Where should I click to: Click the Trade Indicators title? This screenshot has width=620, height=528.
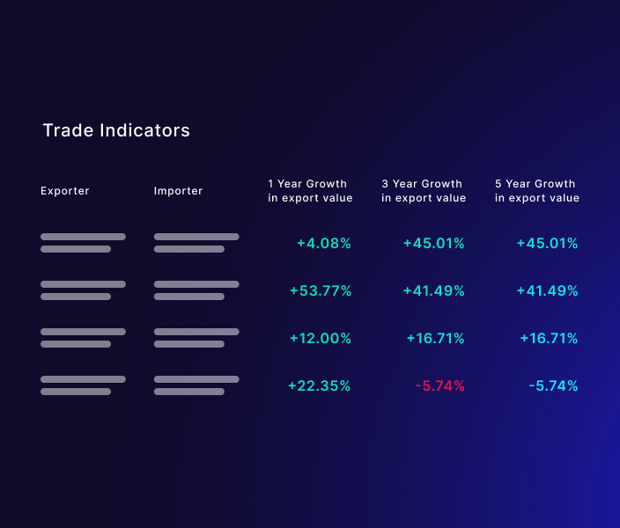(116, 130)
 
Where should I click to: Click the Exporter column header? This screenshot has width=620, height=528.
(65, 191)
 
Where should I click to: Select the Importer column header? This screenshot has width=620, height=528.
(178, 191)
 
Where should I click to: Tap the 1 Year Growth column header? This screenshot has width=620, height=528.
(310, 191)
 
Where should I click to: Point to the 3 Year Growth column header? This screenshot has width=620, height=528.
(424, 191)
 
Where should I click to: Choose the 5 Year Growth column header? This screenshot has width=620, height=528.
(537, 191)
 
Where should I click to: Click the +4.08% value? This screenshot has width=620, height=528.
(323, 244)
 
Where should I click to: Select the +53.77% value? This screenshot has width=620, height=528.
(320, 291)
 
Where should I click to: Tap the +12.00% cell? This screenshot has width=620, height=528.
(320, 339)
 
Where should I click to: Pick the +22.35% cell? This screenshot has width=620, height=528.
(319, 386)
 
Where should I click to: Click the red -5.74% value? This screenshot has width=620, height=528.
(439, 386)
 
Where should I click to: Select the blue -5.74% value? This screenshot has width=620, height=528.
(553, 386)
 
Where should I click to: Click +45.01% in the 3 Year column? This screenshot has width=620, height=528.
(433, 244)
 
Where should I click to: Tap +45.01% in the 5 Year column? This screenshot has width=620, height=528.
(547, 244)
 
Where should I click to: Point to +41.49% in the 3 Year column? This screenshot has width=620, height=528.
(433, 291)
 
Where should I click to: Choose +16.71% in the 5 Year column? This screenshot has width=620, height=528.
(548, 339)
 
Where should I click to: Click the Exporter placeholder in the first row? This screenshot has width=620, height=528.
(83, 243)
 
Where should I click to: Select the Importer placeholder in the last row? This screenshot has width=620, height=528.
(196, 385)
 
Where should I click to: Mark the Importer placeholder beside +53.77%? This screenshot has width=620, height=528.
(196, 290)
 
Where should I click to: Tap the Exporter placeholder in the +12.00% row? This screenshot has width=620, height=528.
(83, 338)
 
